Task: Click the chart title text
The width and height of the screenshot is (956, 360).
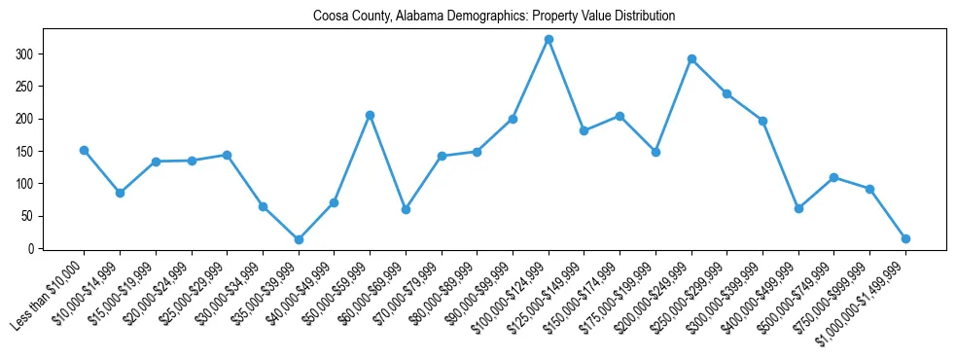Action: [494, 17]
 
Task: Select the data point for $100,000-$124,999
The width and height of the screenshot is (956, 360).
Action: [549, 39]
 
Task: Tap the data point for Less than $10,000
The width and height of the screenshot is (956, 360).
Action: [84, 150]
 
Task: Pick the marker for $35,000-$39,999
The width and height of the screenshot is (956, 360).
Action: [299, 239]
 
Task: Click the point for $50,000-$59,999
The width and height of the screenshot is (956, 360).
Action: [370, 115]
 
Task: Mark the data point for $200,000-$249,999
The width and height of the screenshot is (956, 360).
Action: [691, 58]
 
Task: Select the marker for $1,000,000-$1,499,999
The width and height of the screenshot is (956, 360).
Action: [905, 238]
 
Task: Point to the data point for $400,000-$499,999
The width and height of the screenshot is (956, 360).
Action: [798, 208]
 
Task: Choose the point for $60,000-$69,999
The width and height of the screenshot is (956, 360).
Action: [406, 209]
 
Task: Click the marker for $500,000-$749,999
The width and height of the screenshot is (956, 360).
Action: [834, 177]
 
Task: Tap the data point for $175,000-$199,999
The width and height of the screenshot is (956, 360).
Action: [655, 152]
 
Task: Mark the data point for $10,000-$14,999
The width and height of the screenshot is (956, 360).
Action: [120, 193]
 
